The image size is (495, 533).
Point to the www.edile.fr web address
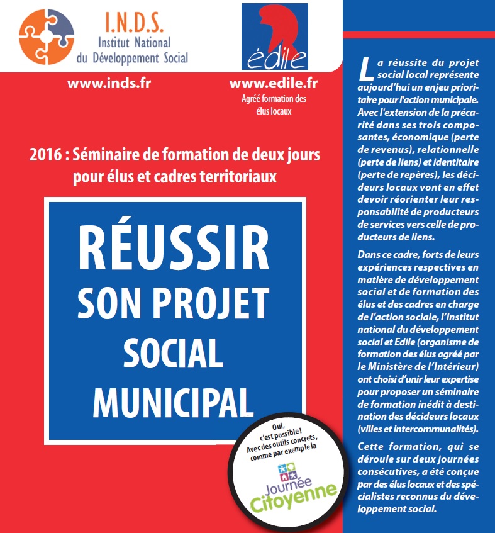pyautogui.click(x=274, y=83)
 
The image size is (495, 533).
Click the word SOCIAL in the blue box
pyautogui.click(x=172, y=353)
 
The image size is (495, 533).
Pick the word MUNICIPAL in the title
pyautogui.click(x=172, y=398)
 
